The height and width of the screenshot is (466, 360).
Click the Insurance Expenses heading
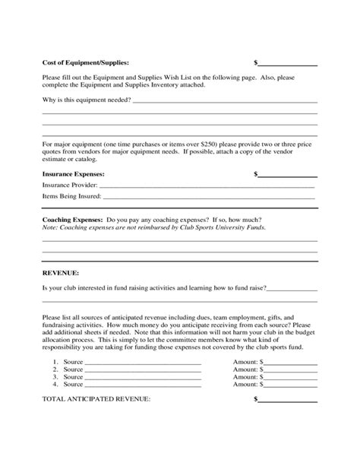click(73, 173)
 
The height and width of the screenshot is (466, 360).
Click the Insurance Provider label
click(68, 185)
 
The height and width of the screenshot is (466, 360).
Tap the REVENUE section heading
click(61, 271)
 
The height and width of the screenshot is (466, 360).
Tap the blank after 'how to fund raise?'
click(292, 289)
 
